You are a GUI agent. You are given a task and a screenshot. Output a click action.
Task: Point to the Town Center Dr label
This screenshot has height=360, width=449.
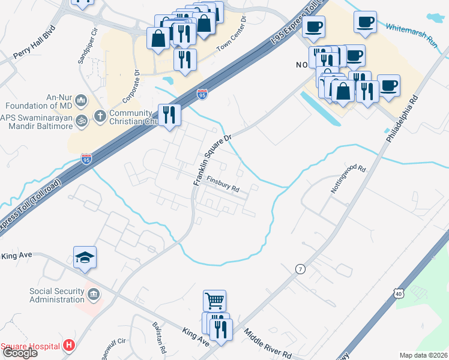point(232,34)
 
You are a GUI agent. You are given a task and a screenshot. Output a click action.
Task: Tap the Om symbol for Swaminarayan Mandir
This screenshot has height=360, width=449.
point(82,119)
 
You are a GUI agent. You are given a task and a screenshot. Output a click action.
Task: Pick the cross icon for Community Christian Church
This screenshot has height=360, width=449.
point(100,115)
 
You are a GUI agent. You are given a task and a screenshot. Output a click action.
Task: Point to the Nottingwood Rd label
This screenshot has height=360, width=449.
point(348,178)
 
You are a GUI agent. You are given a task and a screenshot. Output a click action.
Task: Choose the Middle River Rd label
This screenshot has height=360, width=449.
point(267,341)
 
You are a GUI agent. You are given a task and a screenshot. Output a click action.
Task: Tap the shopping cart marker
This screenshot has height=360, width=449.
point(214,299)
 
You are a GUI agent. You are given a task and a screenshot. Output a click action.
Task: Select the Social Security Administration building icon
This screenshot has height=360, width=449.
point(94,294)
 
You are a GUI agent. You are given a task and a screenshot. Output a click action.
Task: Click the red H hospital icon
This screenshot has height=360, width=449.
point(69,346)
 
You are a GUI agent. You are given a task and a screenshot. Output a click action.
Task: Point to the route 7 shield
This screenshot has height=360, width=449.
point(299,269)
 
